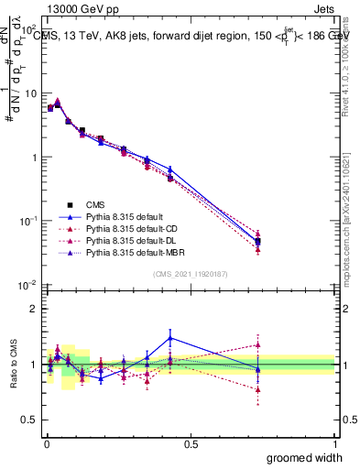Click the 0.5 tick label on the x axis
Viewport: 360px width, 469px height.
pyautogui.click(x=190, y=443)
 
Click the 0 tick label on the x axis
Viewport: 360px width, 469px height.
pyautogui.click(x=46, y=443)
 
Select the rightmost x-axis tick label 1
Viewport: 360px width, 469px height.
pyautogui.click(x=334, y=443)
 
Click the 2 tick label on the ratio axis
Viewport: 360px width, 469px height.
pyautogui.click(x=34, y=309)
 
